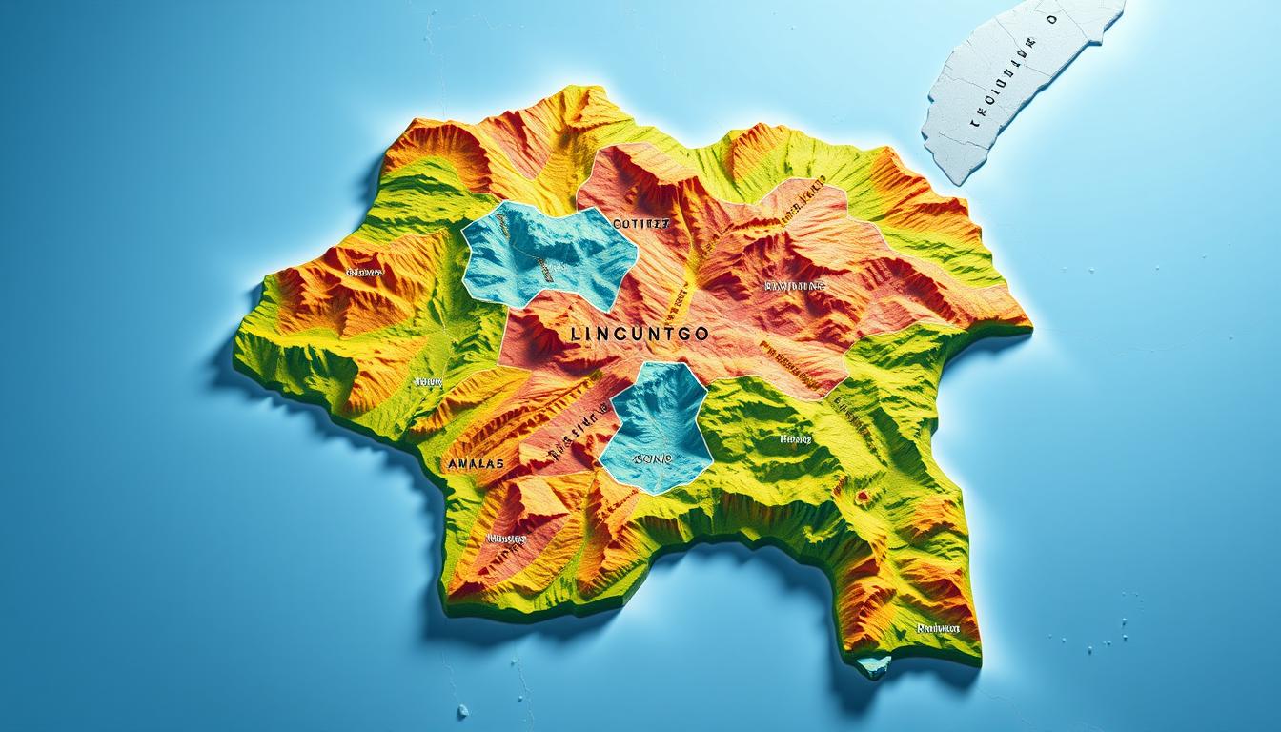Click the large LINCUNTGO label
(638, 335)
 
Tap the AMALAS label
(475, 464)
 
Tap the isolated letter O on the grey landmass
(1051, 18)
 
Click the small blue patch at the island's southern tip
(873, 664)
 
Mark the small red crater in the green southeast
(863, 497)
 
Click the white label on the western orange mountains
(364, 272)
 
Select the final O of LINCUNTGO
(701, 335)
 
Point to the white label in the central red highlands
(795, 285)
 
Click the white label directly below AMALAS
(506, 539)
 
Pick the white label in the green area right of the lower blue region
(796, 439)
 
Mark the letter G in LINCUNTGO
(680, 335)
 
